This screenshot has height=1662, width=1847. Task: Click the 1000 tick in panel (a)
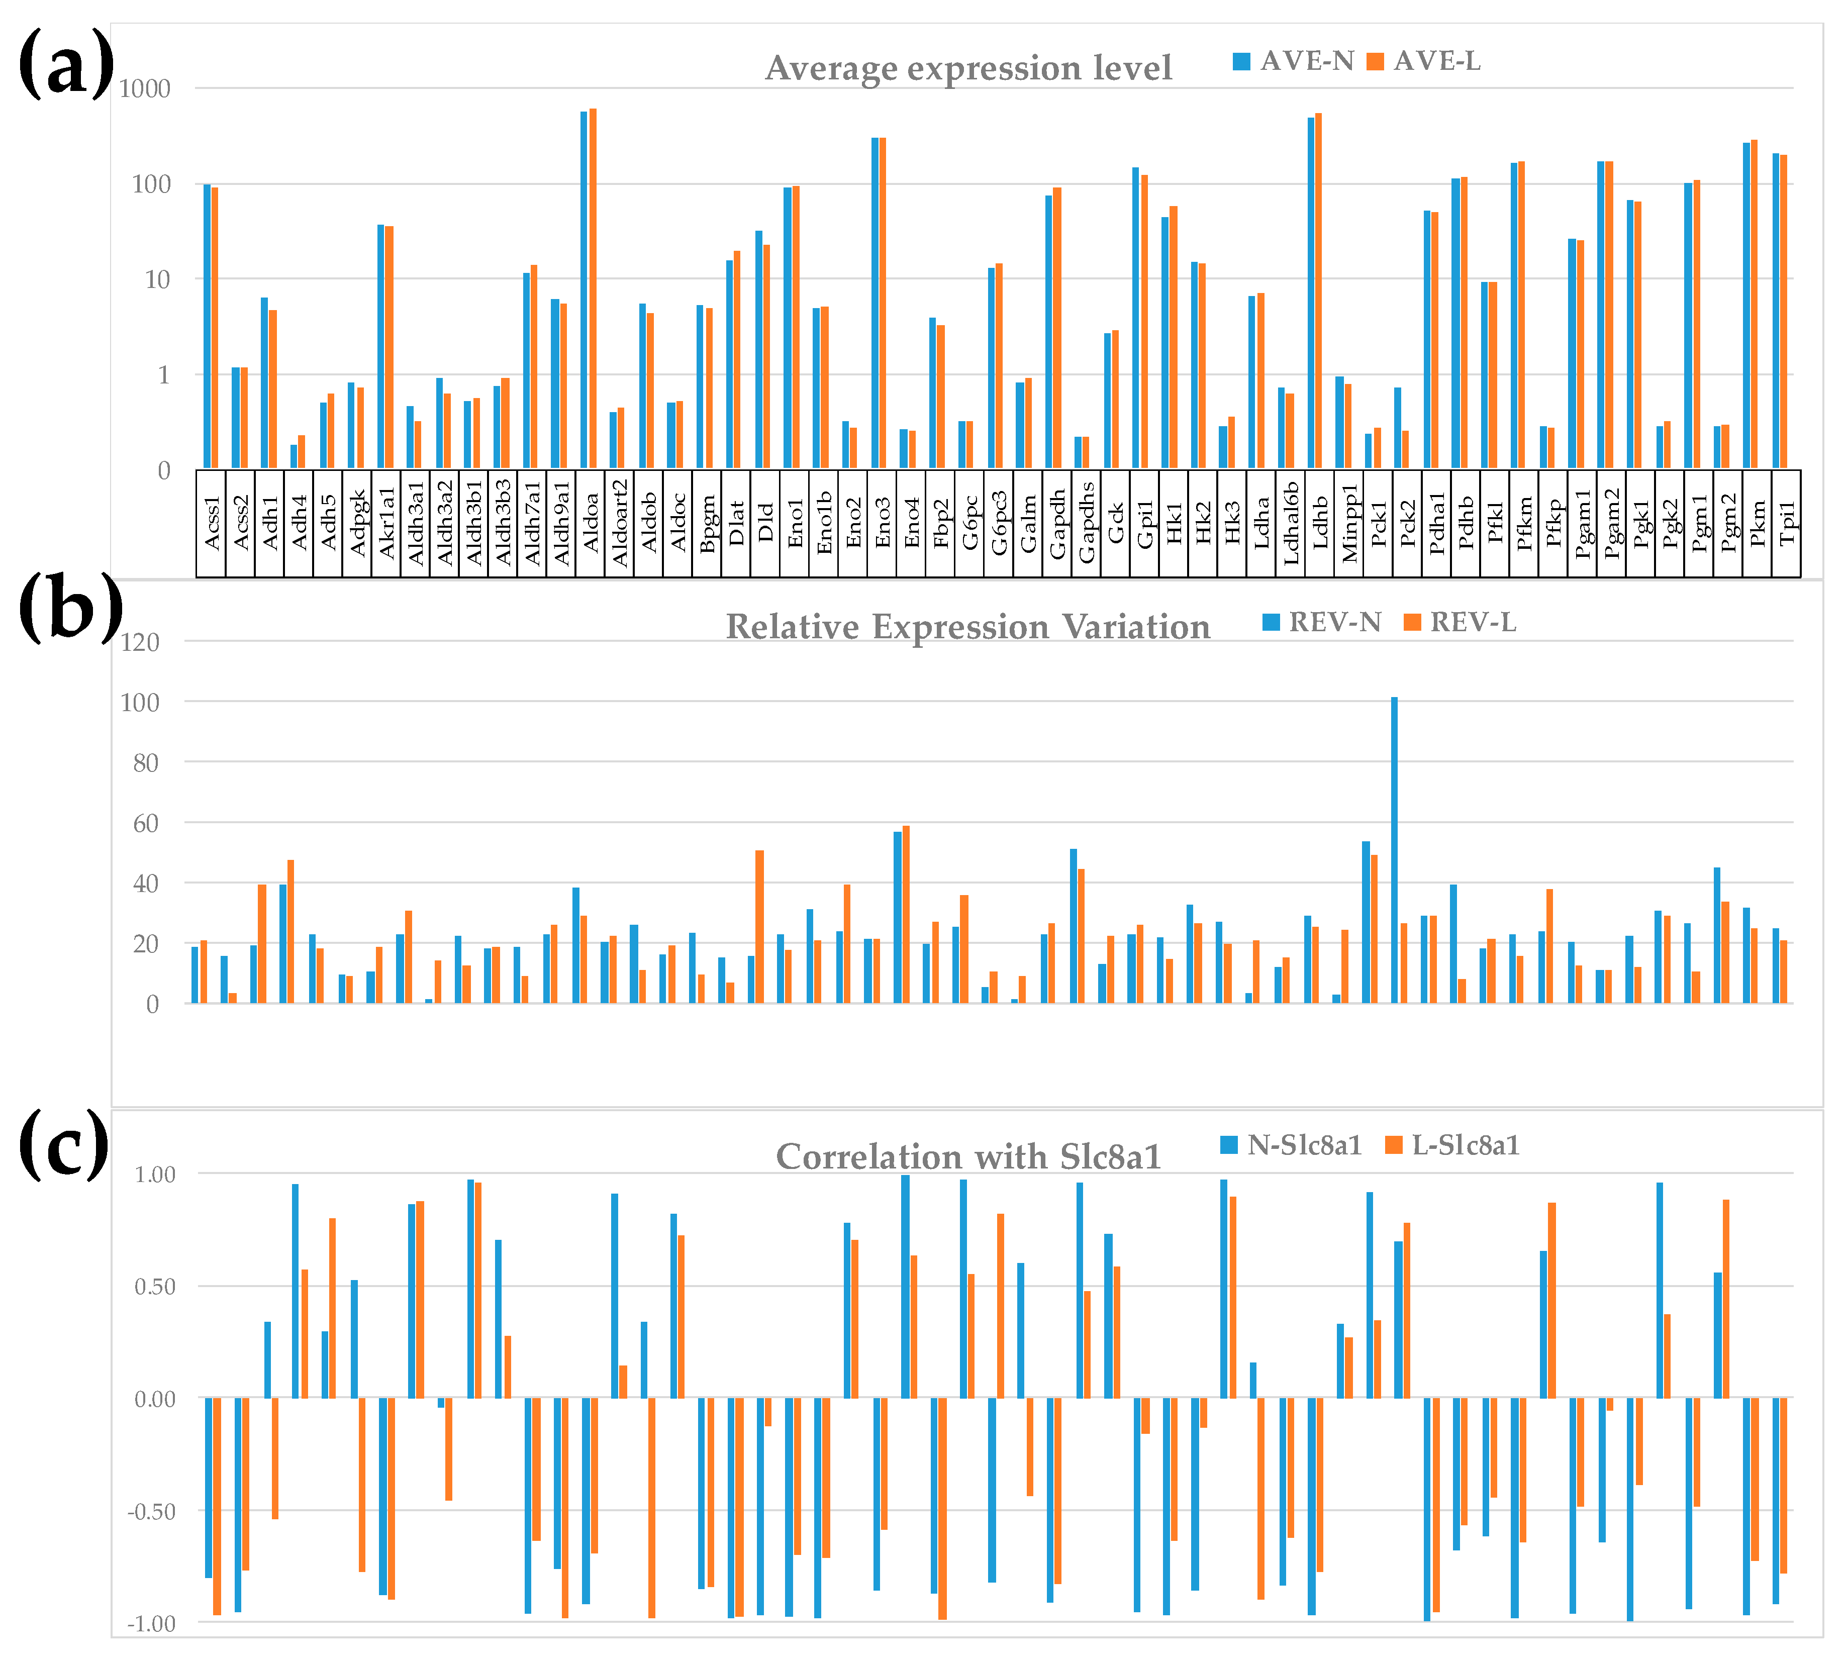click(x=144, y=88)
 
